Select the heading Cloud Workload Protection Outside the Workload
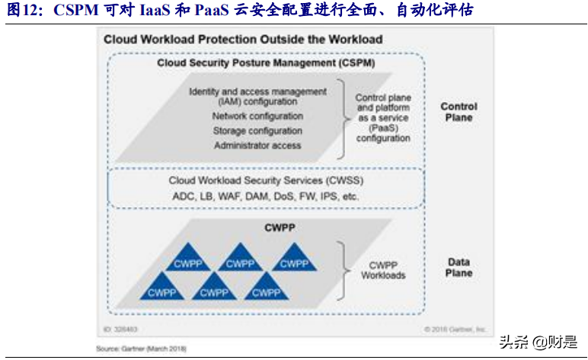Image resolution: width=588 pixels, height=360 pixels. pyautogui.click(x=243, y=39)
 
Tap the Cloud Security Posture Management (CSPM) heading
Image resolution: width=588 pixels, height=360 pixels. pyautogui.click(x=266, y=63)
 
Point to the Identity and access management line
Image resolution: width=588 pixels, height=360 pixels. pyautogui.click(x=257, y=91)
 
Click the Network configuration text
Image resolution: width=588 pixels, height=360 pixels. pyautogui.click(x=257, y=116)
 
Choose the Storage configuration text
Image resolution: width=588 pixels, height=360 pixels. pyautogui.click(x=257, y=131)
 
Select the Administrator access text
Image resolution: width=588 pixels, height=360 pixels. pyautogui.click(x=257, y=145)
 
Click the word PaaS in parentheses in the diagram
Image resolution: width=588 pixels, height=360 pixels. pyautogui.click(x=382, y=129)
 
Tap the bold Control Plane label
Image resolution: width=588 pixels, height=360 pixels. pyautogui.click(x=459, y=112)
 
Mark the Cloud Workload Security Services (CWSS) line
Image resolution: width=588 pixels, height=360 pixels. pyautogui.click(x=266, y=181)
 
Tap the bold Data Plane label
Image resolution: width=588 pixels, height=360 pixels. pyautogui.click(x=459, y=267)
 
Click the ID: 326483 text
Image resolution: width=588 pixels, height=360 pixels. pyautogui.click(x=122, y=330)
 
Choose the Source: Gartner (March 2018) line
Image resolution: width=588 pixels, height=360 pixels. pyautogui.click(x=140, y=349)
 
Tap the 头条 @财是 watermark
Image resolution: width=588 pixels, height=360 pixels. pyautogui.click(x=536, y=342)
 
